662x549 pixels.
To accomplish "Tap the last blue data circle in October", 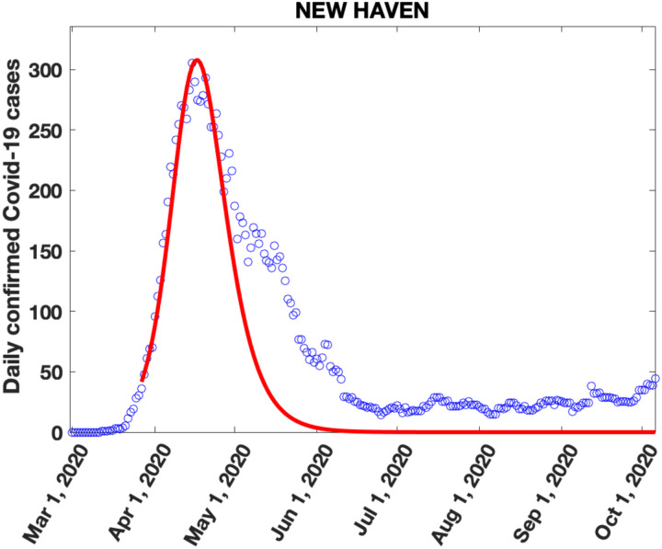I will pyautogui.click(x=655, y=378).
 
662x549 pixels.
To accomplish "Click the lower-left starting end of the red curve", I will pyautogui.click(x=142, y=378).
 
